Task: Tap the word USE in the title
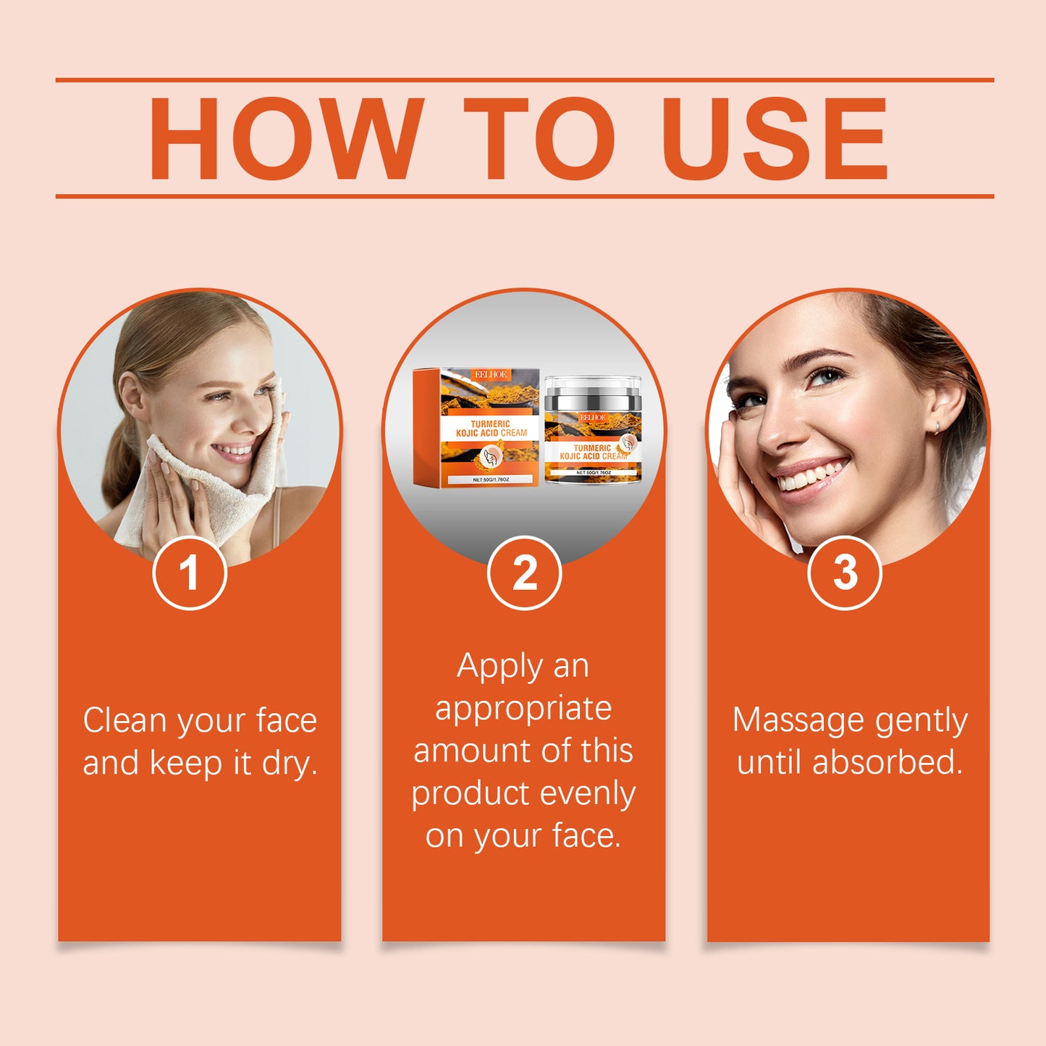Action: (x=775, y=138)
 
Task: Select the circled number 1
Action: (x=190, y=573)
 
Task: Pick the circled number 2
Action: (x=524, y=573)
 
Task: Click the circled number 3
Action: (x=844, y=573)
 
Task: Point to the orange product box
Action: (x=476, y=427)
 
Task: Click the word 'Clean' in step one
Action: (x=125, y=721)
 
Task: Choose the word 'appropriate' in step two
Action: (x=523, y=709)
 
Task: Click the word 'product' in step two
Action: (x=471, y=795)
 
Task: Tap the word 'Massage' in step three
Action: (x=798, y=721)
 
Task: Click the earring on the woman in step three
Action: (x=938, y=429)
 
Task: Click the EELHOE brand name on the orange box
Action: (x=491, y=374)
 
